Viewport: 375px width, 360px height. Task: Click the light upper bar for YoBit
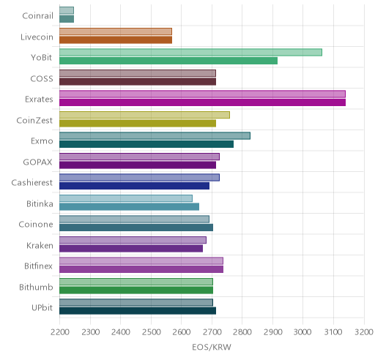pos(190,53)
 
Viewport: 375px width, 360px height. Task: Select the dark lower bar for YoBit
pos(168,61)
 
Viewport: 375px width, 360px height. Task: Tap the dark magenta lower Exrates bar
pos(202,102)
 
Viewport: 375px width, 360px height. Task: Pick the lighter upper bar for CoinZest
pos(144,115)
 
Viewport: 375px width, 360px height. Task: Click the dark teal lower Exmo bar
pos(146,144)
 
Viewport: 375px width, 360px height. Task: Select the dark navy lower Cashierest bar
pos(134,186)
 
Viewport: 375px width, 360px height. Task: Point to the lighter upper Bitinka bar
pos(126,198)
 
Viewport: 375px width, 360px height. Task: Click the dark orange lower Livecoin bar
pos(116,40)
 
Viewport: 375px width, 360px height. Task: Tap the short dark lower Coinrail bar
pos(67,19)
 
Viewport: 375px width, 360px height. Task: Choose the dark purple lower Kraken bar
pos(131,249)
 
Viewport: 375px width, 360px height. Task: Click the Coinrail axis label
pos(37,16)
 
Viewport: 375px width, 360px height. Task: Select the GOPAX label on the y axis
pos(37,162)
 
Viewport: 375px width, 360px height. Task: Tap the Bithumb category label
pos(36,287)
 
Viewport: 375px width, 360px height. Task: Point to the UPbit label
pos(42,308)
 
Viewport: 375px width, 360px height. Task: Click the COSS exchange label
pos(42,79)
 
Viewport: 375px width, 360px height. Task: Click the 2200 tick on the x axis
pos(60,332)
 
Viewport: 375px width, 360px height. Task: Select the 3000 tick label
pos(302,332)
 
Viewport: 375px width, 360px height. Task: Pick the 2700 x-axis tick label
pos(212,332)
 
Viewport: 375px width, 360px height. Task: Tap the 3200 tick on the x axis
pos(364,332)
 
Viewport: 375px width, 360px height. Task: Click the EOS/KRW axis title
pos(212,347)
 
